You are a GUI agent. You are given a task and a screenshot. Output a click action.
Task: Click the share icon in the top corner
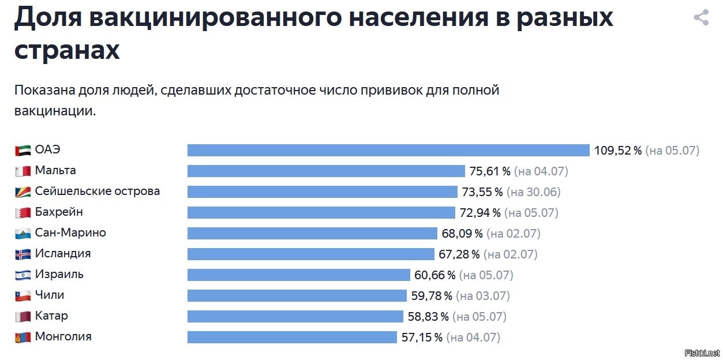(x=700, y=17)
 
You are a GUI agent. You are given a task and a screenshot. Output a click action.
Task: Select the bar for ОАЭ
(x=388, y=150)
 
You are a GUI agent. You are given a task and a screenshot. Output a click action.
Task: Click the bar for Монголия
(x=292, y=337)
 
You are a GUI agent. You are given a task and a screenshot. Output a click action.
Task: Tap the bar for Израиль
(x=298, y=275)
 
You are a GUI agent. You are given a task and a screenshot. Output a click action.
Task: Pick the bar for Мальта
(x=326, y=171)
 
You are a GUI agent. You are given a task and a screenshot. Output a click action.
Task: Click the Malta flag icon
(x=23, y=171)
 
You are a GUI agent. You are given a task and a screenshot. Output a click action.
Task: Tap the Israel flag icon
(x=23, y=275)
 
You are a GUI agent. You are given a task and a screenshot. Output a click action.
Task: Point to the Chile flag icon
(x=23, y=295)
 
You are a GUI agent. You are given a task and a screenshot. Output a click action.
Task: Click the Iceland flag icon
(x=23, y=254)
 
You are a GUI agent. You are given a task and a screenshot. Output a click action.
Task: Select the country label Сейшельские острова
(x=97, y=191)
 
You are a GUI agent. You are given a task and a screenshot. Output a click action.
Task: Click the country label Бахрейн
(x=58, y=212)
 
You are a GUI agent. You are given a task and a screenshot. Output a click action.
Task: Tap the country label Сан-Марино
(x=70, y=232)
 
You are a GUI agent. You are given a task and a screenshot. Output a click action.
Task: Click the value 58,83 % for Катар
(x=428, y=317)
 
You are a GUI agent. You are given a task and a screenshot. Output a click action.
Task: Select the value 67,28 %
(x=459, y=254)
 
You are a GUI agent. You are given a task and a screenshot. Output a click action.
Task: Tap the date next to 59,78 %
(x=483, y=296)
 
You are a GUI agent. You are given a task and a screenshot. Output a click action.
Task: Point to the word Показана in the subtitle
(x=43, y=91)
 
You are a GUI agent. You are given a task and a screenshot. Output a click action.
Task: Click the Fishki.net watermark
(x=702, y=352)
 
